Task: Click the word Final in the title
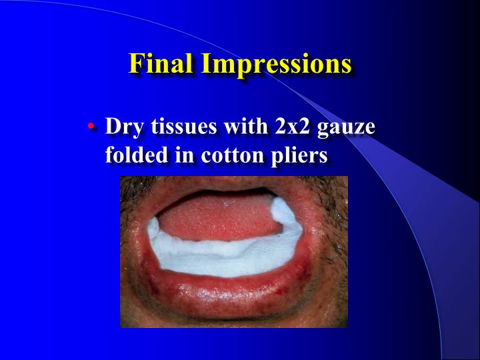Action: coord(160,63)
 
